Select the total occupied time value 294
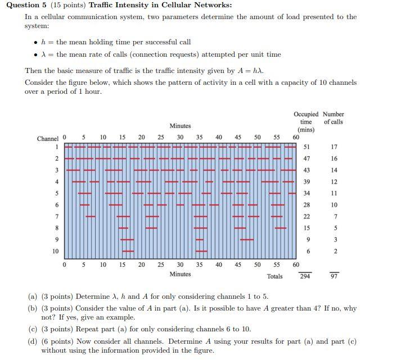[305, 276]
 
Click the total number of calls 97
[334, 276]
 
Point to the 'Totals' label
[275, 276]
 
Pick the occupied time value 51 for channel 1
[306, 147]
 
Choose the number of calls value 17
[334, 147]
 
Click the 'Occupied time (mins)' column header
[306, 122]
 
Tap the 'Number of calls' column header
[333, 118]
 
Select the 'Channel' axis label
[48, 138]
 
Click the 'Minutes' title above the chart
[180, 126]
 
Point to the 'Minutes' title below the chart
[180, 274]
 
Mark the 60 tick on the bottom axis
[296, 264]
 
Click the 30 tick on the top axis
[180, 137]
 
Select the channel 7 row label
[56, 216]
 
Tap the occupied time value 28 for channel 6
[306, 205]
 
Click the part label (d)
[33, 341]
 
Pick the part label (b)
[33, 308]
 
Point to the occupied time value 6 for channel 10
[308, 251]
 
